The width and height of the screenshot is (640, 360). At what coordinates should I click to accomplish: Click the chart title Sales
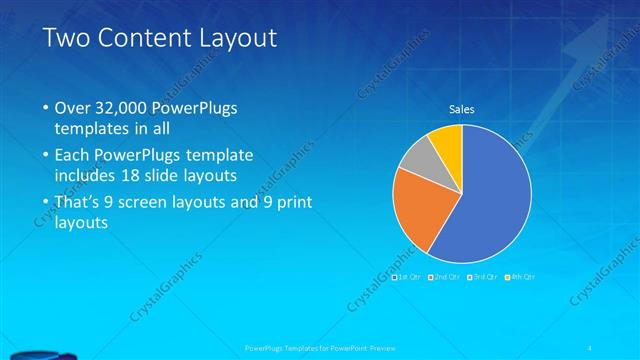click(461, 109)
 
